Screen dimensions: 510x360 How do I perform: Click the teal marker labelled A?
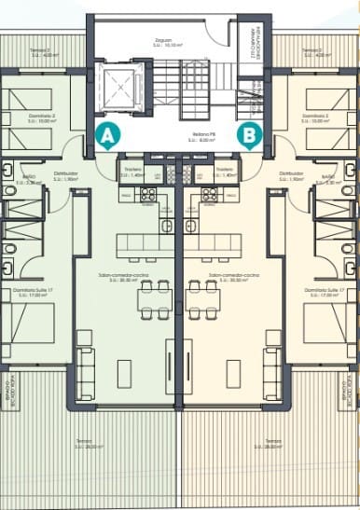pos(107,135)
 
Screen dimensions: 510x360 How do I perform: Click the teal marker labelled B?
pos(249,135)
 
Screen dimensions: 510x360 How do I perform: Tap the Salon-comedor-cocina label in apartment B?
pos(235,277)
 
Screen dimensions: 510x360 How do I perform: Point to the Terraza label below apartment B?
pos(272,442)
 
